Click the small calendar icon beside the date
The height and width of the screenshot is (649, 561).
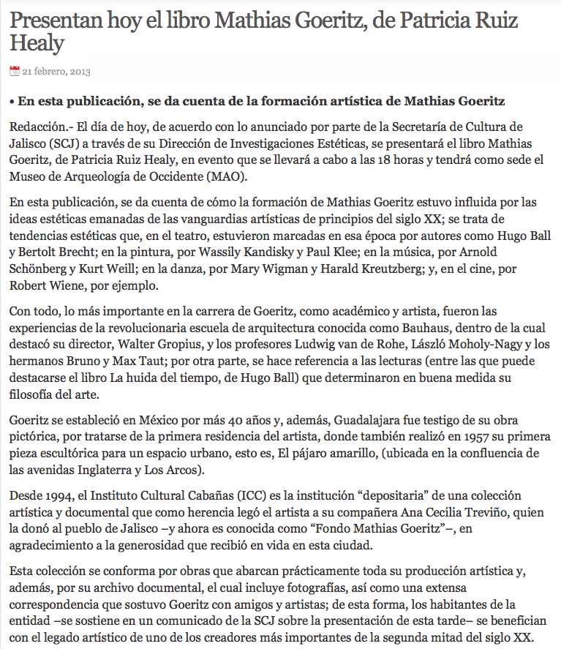click(14, 71)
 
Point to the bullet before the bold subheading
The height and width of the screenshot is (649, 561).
click(12, 101)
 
